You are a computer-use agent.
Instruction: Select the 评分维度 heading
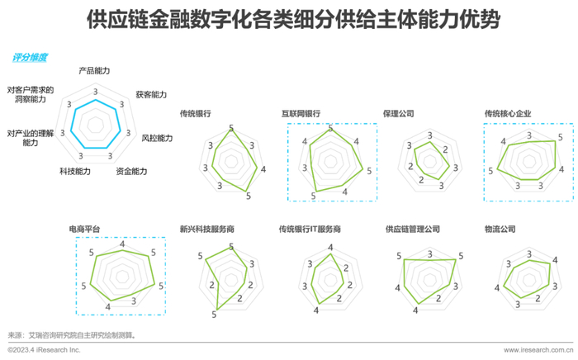30,58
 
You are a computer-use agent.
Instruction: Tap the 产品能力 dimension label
94,71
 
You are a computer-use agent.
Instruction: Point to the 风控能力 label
157,138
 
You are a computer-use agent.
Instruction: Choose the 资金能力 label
131,171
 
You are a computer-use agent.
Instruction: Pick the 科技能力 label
75,171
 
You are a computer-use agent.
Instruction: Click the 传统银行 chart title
195,113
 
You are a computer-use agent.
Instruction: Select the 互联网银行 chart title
301,113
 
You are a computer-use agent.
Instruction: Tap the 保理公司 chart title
399,113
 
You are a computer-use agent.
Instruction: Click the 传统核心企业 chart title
508,113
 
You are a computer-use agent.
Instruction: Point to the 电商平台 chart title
85,228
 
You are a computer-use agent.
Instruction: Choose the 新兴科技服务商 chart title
207,228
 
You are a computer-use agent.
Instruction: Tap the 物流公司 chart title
500,228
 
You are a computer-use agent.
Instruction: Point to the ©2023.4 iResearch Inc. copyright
44,351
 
